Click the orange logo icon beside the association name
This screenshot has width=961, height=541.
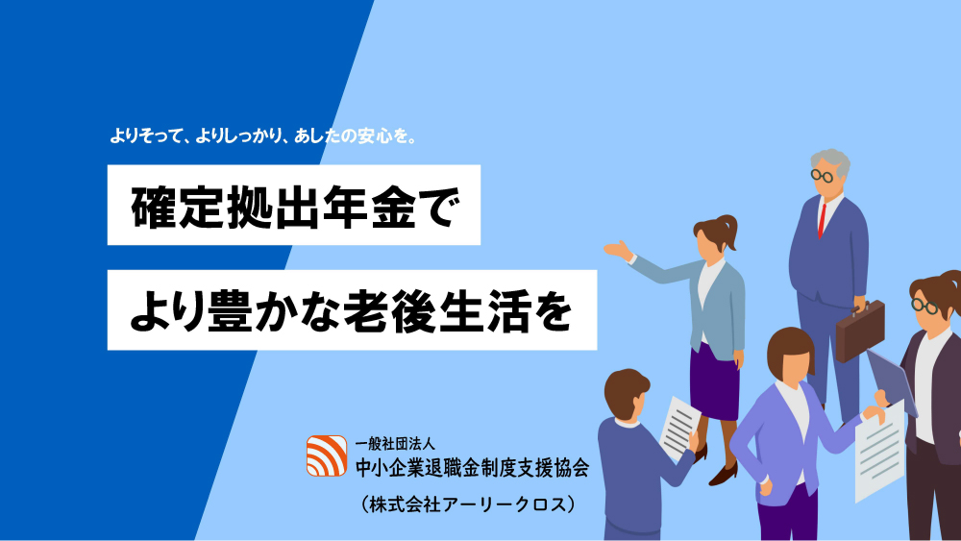327,455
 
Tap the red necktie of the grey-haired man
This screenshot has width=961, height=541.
823,221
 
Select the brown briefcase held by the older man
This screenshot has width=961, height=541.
860,331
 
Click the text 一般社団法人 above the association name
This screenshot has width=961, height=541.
395,444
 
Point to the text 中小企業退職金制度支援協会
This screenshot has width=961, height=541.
472,468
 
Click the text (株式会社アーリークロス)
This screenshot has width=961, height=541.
468,504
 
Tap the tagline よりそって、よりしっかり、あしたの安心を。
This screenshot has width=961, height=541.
263,136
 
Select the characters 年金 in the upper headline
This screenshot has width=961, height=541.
371,207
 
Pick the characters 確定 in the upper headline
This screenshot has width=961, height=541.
177,207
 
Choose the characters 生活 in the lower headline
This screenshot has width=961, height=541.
484,311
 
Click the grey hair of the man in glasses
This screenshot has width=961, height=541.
831,161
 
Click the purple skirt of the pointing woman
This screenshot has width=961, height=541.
714,381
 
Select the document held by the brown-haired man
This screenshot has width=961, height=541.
679,428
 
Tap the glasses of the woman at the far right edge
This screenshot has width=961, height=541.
924,307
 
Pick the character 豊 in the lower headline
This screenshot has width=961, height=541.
231,311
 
